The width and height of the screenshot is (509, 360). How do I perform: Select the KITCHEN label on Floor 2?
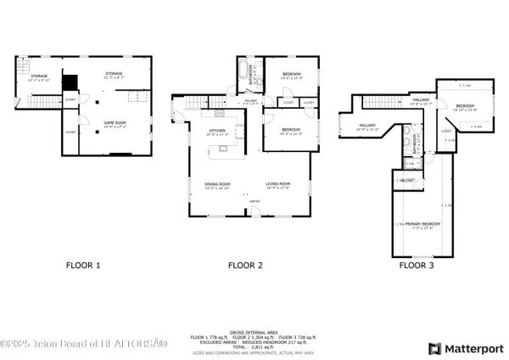click(216, 131)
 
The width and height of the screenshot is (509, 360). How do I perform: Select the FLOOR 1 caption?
click(83, 266)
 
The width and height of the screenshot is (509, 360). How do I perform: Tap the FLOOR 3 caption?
click(417, 266)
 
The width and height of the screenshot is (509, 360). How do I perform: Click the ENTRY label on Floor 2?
click(253, 201)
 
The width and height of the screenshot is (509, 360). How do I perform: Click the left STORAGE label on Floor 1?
click(39, 77)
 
